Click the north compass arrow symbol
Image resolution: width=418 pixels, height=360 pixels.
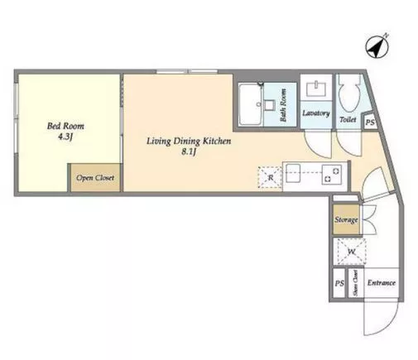click(x=377, y=46)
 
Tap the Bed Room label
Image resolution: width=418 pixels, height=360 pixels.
click(x=65, y=126)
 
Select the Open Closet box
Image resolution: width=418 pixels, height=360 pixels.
click(x=95, y=178)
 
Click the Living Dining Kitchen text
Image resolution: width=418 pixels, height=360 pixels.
click(x=189, y=142)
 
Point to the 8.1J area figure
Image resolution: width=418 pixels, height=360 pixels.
click(x=189, y=151)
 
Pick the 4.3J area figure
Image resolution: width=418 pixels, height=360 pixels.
click(x=65, y=137)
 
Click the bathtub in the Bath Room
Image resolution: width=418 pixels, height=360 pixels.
click(x=250, y=105)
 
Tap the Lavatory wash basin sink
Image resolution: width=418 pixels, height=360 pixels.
click(x=316, y=89)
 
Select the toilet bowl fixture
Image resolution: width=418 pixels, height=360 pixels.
click(x=349, y=94)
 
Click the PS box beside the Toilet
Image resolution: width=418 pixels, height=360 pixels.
click(x=370, y=122)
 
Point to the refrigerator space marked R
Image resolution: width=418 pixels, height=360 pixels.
click(x=270, y=178)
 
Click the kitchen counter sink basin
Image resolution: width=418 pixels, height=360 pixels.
click(x=293, y=173)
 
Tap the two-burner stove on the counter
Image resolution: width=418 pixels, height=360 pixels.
click(x=332, y=175)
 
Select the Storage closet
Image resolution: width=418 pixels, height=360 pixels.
click(x=346, y=220)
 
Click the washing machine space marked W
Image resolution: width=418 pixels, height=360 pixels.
click(x=351, y=252)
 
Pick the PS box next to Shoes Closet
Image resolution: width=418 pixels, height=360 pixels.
click(x=339, y=283)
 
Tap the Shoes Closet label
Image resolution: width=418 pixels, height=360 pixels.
click(x=355, y=283)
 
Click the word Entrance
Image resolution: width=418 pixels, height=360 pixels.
click(x=382, y=283)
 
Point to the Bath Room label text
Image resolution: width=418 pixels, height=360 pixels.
click(x=283, y=105)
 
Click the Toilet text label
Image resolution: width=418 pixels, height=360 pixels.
click(x=348, y=119)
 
